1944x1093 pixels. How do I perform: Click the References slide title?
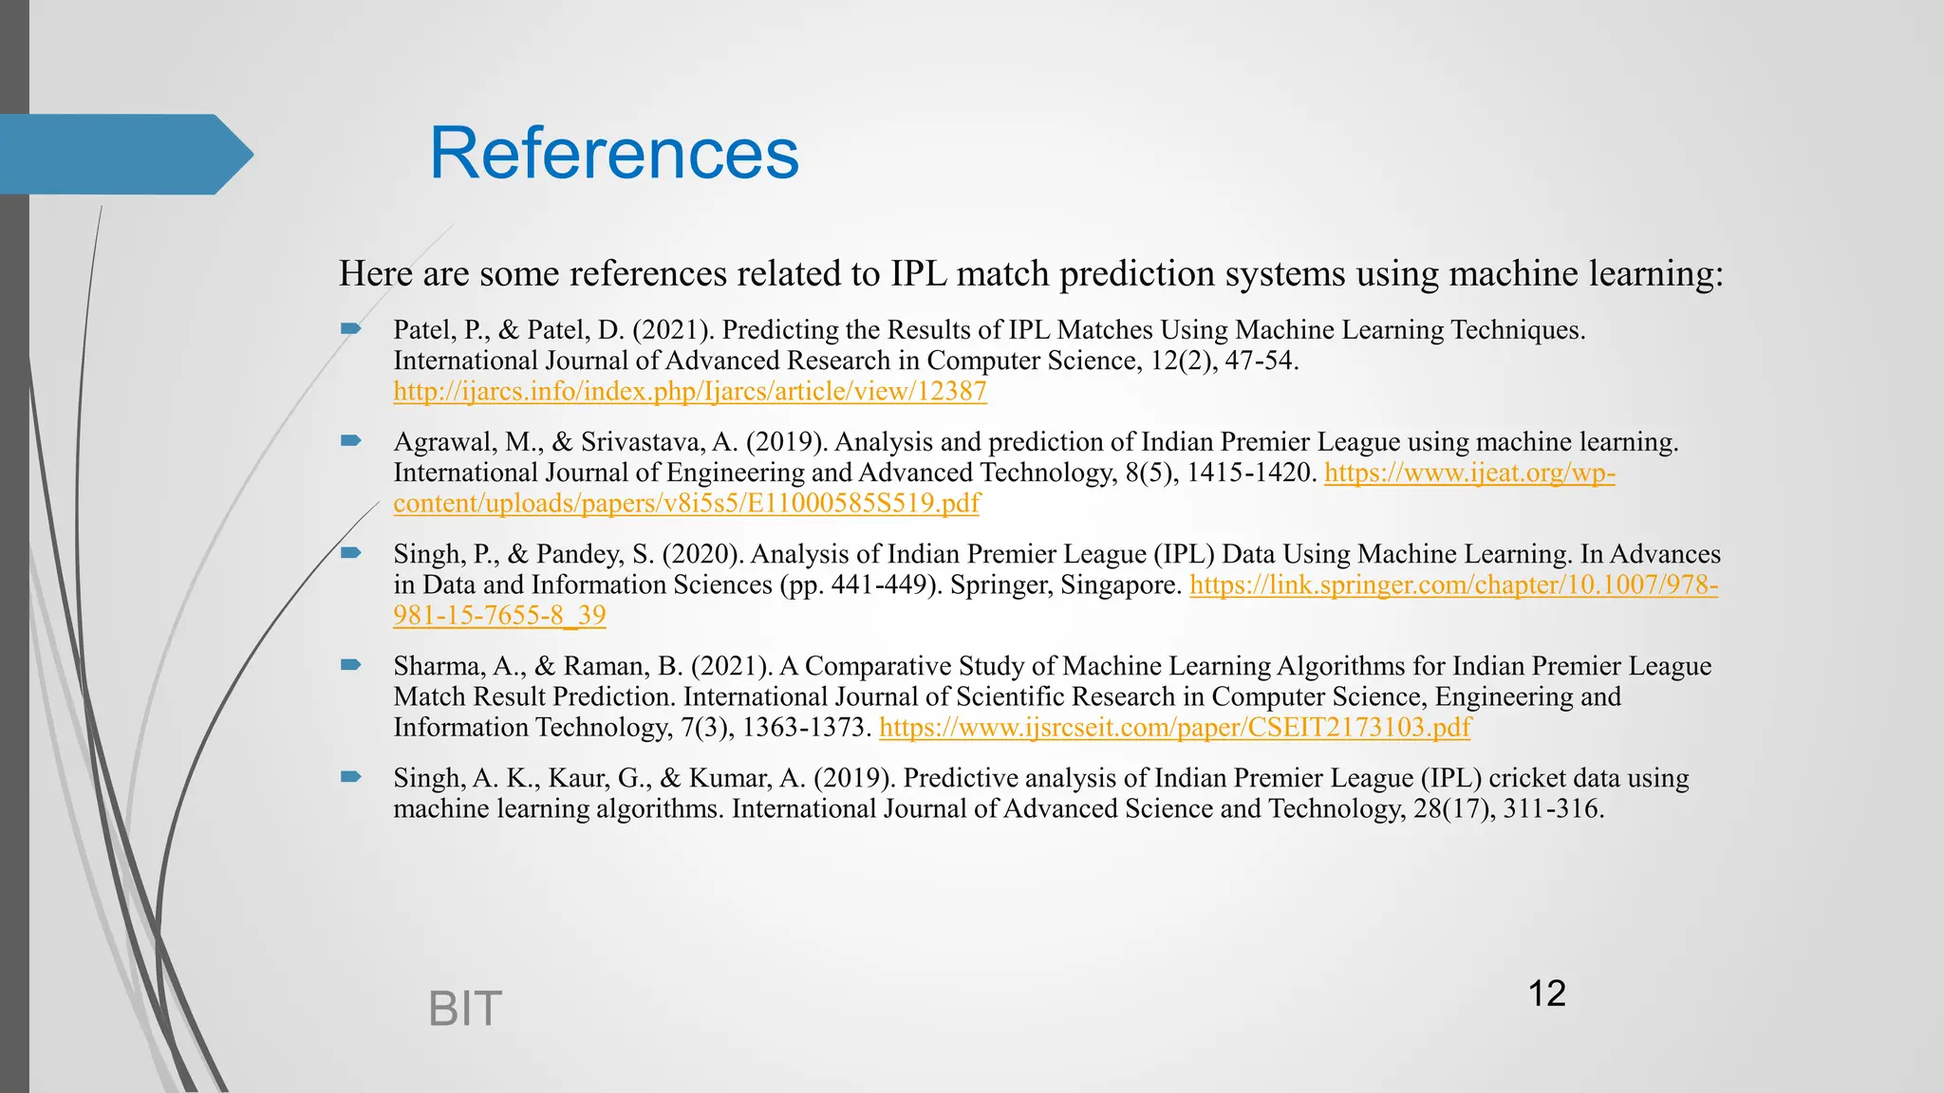614,154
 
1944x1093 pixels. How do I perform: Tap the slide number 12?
1546,993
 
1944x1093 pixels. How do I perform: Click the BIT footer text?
464,1009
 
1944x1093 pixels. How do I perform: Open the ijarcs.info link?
690,391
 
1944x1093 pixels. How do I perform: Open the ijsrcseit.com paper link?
1174,728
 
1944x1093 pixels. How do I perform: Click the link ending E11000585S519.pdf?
686,503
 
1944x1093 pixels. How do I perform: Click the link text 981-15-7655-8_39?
499,615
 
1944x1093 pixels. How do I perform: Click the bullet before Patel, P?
351,329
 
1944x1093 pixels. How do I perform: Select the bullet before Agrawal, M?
351,441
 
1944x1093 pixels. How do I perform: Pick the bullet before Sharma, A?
351,665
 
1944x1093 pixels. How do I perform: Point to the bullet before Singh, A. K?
351,777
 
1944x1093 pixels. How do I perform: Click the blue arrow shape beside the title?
123,155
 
